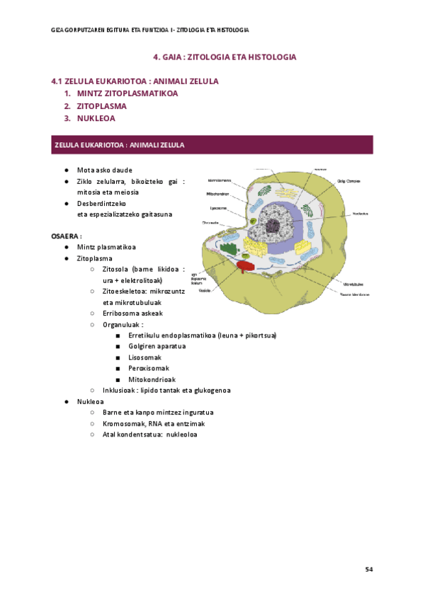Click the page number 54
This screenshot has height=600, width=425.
(368, 569)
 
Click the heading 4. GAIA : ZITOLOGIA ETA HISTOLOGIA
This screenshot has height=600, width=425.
(225, 57)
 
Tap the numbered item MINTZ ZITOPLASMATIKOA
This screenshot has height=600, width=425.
(127, 93)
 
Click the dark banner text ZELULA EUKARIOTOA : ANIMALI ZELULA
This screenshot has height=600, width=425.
(119, 144)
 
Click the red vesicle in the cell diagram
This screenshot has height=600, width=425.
(244, 266)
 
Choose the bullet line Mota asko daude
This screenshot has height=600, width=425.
(105, 171)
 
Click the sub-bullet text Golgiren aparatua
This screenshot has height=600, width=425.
(157, 346)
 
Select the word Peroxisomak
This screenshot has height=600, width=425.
(149, 368)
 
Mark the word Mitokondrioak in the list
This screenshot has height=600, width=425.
(152, 379)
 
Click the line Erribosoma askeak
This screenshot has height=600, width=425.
(132, 313)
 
